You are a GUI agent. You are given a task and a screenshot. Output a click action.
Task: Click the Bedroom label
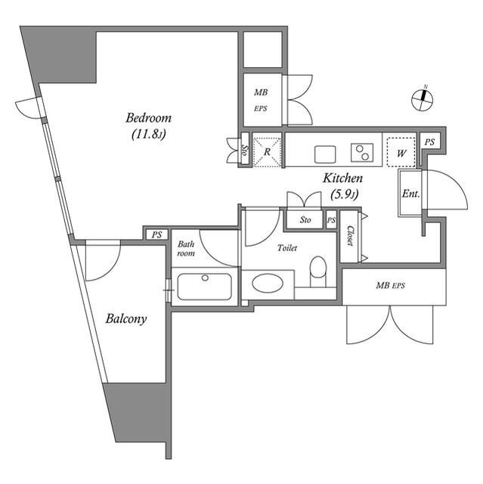pyautogui.click(x=148, y=118)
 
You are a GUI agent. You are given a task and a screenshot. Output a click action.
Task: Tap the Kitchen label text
pyautogui.click(x=343, y=179)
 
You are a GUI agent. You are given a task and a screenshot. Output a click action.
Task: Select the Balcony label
pyautogui.click(x=125, y=318)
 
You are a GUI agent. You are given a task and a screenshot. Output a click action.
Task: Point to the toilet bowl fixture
pyautogui.click(x=318, y=268)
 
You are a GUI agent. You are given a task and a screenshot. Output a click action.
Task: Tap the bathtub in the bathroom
pyautogui.click(x=204, y=287)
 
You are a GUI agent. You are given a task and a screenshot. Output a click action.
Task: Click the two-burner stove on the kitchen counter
pyautogui.click(x=363, y=152)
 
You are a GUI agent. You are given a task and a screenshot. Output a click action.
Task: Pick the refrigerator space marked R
pyautogui.click(x=267, y=150)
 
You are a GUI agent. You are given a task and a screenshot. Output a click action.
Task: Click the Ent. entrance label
pyautogui.click(x=410, y=194)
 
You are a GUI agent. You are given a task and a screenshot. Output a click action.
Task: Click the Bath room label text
pyautogui.click(x=186, y=249)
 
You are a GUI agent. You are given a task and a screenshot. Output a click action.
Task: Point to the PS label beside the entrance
pyautogui.click(x=429, y=142)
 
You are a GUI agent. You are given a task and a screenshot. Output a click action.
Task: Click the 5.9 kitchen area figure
pyautogui.click(x=343, y=194)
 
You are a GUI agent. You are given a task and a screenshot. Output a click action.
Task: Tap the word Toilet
pyautogui.click(x=287, y=248)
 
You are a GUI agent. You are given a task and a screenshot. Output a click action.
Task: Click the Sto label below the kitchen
pyautogui.click(x=305, y=220)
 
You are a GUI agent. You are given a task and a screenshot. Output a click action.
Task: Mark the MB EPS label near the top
pyautogui.click(x=260, y=100)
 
